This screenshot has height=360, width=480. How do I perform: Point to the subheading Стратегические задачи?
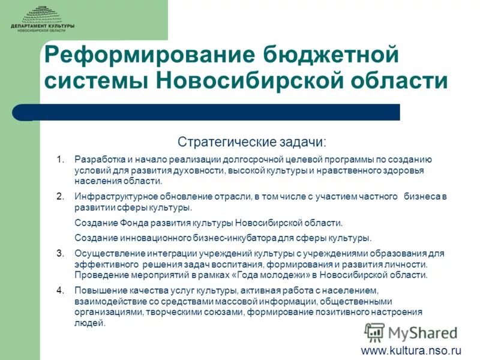pyautogui.click(x=252, y=142)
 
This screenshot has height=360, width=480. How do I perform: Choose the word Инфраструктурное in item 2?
pyautogui.click(x=111, y=196)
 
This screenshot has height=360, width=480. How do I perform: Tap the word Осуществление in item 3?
pyautogui.click(x=104, y=253)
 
